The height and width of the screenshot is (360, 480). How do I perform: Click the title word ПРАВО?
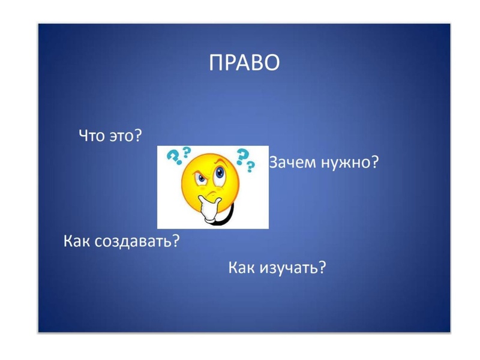coord(244,63)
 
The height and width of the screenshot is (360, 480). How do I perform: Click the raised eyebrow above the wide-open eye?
coord(221,162)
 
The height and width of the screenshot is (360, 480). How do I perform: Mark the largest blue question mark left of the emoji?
coord(174,157)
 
